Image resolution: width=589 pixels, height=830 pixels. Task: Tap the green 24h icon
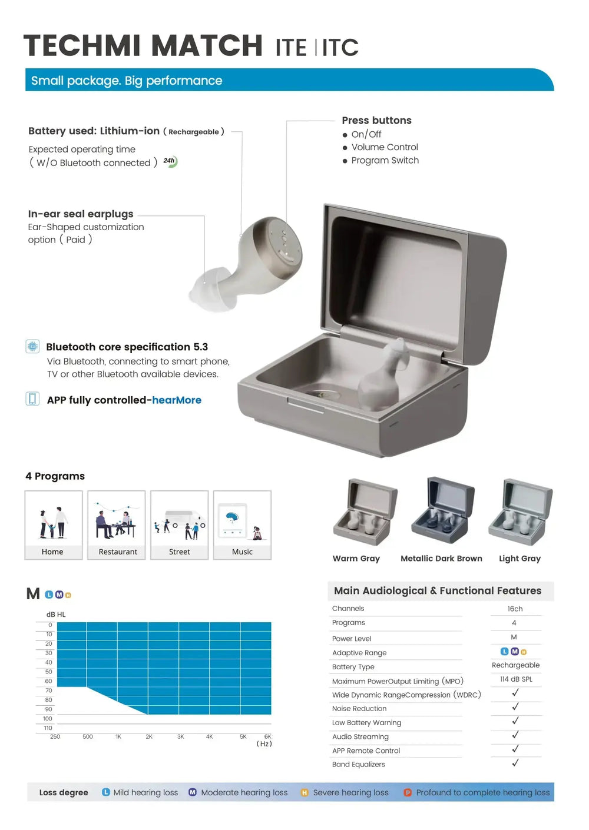[170, 161]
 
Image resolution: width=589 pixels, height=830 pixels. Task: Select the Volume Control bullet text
[385, 147]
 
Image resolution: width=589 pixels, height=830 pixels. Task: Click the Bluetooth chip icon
[33, 346]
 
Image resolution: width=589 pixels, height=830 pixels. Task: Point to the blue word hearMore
[177, 400]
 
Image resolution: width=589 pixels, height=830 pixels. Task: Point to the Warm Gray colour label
[356, 559]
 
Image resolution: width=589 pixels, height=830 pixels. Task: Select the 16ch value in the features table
[515, 609]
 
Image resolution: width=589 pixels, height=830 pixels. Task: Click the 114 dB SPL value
[516, 679]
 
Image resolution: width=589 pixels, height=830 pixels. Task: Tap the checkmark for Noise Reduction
[515, 707]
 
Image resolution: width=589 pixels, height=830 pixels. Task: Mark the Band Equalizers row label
[359, 765]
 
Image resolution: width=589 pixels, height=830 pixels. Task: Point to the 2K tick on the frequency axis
[149, 736]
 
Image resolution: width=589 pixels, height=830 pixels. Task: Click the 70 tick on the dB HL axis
[48, 690]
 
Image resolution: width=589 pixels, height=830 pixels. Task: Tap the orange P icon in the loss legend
[408, 793]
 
